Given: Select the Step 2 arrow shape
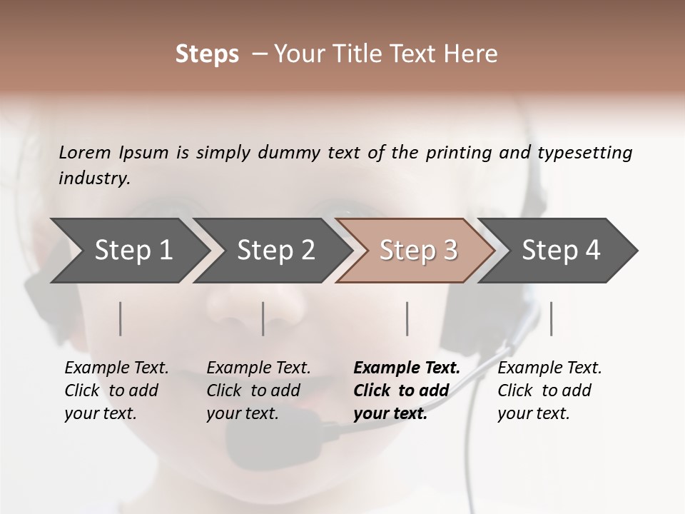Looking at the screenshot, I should click(x=275, y=251).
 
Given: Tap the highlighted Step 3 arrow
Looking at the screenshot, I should click(x=417, y=251).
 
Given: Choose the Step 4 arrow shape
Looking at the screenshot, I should click(x=560, y=251).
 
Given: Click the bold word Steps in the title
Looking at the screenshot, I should click(x=207, y=54).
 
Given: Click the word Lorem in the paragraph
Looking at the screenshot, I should click(x=85, y=152).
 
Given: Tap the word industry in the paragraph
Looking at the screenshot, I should click(x=93, y=178).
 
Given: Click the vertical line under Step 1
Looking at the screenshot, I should click(x=121, y=318).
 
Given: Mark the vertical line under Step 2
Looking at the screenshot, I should click(x=263, y=318).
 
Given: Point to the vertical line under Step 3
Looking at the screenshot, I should click(x=407, y=318).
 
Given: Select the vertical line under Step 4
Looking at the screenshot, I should click(x=552, y=318).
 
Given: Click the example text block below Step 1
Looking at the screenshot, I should click(x=116, y=390).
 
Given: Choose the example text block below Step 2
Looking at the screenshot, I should click(x=258, y=390).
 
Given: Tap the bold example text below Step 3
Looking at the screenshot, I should click(x=407, y=390).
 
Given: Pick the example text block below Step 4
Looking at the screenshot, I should click(x=549, y=390).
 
